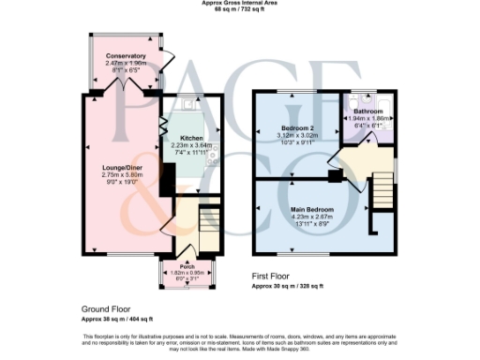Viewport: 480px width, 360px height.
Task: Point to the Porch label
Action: coord(187,265)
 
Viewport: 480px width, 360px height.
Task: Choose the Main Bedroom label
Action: coord(310,208)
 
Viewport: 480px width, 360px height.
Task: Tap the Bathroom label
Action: coord(367,112)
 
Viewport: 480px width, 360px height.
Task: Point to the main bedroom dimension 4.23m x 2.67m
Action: coord(310,216)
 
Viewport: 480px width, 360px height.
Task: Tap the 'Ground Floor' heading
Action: coord(105,308)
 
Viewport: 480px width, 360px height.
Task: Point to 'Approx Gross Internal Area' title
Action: coord(240,3)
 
